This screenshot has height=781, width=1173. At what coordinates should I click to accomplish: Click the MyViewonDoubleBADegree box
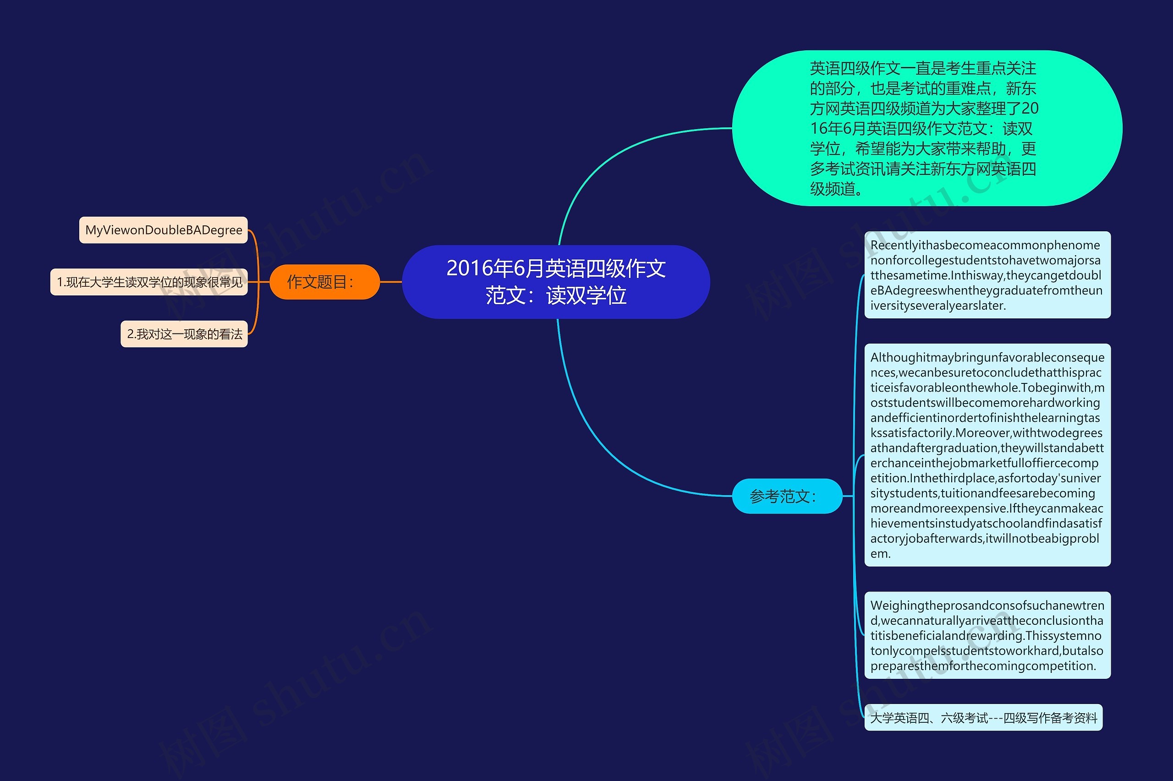[164, 230]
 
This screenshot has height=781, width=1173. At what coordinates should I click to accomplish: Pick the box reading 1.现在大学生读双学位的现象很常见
[149, 282]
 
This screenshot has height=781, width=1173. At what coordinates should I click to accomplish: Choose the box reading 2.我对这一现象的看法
[184, 334]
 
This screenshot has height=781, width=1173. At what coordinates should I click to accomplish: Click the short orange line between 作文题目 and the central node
[391, 282]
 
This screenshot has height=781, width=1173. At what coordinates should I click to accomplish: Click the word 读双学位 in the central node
[586, 296]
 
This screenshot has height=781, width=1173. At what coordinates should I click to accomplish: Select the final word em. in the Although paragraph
[880, 554]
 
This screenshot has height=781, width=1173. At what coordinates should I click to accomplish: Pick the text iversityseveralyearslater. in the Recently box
[938, 306]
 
